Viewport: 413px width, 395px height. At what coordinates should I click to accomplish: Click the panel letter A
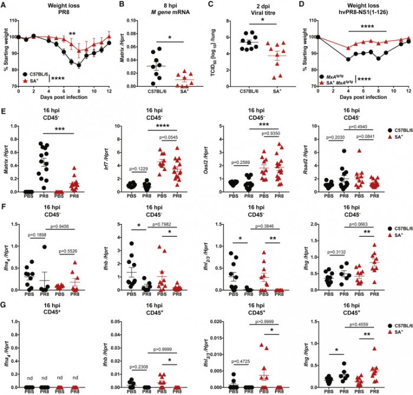pyautogui.click(x=4, y=5)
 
